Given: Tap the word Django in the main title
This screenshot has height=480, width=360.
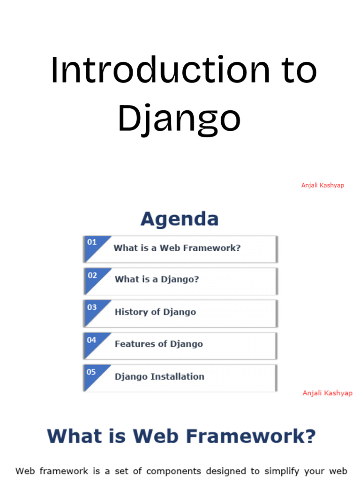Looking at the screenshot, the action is tap(180, 119).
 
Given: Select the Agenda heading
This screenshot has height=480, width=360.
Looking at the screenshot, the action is tap(180, 219).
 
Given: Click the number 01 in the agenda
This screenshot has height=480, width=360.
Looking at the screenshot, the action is tap(92, 242).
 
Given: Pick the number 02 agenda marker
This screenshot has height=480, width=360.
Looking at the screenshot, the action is tap(92, 276).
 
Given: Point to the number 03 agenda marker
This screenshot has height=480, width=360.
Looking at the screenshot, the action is tap(92, 307).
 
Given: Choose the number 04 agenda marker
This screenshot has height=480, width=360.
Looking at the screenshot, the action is tap(91, 340).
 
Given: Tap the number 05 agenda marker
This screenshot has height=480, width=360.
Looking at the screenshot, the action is tap(91, 372).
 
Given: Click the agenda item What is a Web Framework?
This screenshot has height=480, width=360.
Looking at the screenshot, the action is tap(177, 248).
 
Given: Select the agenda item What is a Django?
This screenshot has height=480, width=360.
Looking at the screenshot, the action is tap(157, 279).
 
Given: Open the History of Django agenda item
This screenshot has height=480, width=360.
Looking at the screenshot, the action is tap(155, 312).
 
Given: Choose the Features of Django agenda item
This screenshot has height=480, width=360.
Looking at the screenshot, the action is tap(158, 344).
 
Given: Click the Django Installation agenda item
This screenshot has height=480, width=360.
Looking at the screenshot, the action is tap(159, 376).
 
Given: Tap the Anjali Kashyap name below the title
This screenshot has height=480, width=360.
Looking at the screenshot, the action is tap(322, 185).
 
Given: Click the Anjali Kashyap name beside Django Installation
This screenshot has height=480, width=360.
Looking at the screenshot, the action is tap(328, 393).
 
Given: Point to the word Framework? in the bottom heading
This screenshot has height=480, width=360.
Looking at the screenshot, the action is tap(251, 436).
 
